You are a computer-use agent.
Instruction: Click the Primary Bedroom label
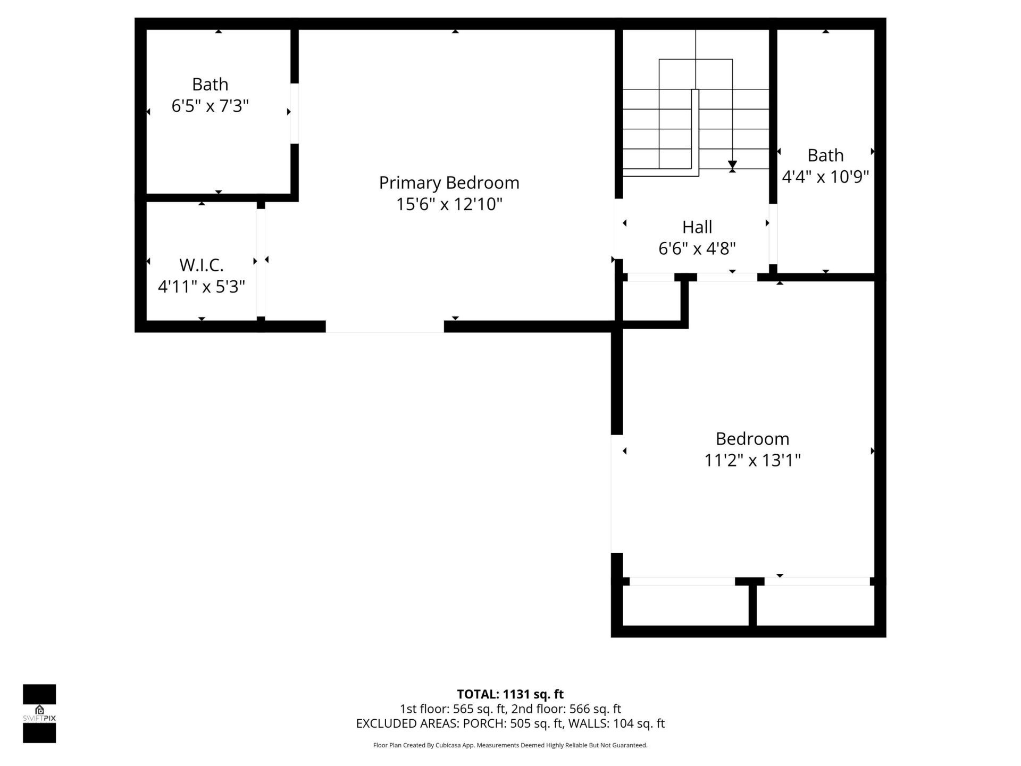coord(449,182)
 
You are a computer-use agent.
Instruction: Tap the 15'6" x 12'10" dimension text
coord(449,204)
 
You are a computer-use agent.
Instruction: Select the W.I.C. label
coord(201,264)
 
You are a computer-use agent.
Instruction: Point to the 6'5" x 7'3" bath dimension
coord(210,106)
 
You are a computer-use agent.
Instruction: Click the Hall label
coord(697,227)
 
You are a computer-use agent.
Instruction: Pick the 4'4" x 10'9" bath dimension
coord(825,177)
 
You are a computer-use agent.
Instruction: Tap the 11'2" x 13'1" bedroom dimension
coord(752,460)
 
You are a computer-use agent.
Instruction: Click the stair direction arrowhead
coord(732,165)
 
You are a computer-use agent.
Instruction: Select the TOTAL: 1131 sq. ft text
coord(510,694)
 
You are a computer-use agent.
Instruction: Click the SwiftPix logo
coord(39,713)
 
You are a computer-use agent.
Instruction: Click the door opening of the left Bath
coord(294,113)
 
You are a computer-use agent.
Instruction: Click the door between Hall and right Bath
coord(773,234)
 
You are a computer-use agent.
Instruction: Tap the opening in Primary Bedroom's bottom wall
coord(384,327)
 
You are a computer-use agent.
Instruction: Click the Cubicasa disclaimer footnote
coord(510,745)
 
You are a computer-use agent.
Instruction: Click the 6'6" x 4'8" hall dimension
coord(697,248)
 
